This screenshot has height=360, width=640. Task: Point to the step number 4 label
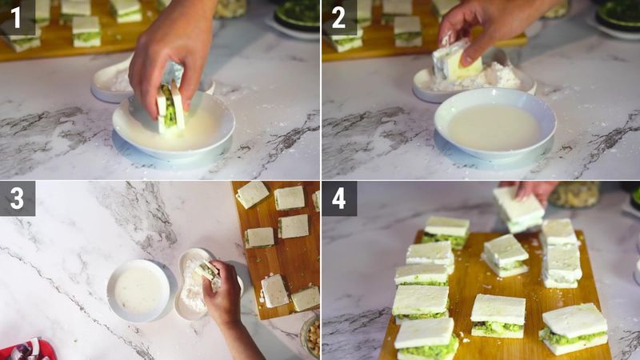tap(339, 198)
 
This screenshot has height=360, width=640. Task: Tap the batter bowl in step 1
tap(174, 128)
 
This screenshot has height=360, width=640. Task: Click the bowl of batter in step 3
tap(138, 290)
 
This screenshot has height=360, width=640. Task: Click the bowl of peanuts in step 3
tap(310, 336)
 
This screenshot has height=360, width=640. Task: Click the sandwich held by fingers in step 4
tap(518, 210)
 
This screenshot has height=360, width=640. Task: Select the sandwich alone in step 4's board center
tap(505, 255)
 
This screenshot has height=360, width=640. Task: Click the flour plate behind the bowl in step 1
tap(112, 80)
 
